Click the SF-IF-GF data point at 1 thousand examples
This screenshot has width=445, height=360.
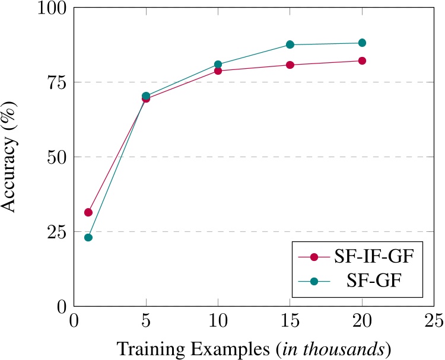pyautogui.click(x=88, y=212)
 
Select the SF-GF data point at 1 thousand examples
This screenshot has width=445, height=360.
pyautogui.click(x=88, y=238)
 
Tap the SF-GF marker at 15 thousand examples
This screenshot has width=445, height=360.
pyautogui.click(x=290, y=44)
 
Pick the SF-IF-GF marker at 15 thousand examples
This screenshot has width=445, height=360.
pyautogui.click(x=290, y=65)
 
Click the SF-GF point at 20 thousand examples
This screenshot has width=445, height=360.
pyautogui.click(x=362, y=43)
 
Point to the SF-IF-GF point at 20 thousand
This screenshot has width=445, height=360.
pyautogui.click(x=362, y=60)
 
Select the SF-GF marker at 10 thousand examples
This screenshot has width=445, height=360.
pyautogui.click(x=218, y=64)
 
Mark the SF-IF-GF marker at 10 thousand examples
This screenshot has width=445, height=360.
pyautogui.click(x=218, y=71)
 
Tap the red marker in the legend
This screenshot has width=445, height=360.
pyautogui.click(x=314, y=257)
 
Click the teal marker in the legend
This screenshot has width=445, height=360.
pyautogui.click(x=314, y=281)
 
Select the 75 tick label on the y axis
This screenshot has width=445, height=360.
pyautogui.click(x=58, y=82)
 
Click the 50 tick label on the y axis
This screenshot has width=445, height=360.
pyautogui.click(x=58, y=157)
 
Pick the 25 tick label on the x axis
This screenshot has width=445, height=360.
pyautogui.click(x=434, y=321)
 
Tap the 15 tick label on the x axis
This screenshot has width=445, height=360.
pyautogui.click(x=290, y=321)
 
